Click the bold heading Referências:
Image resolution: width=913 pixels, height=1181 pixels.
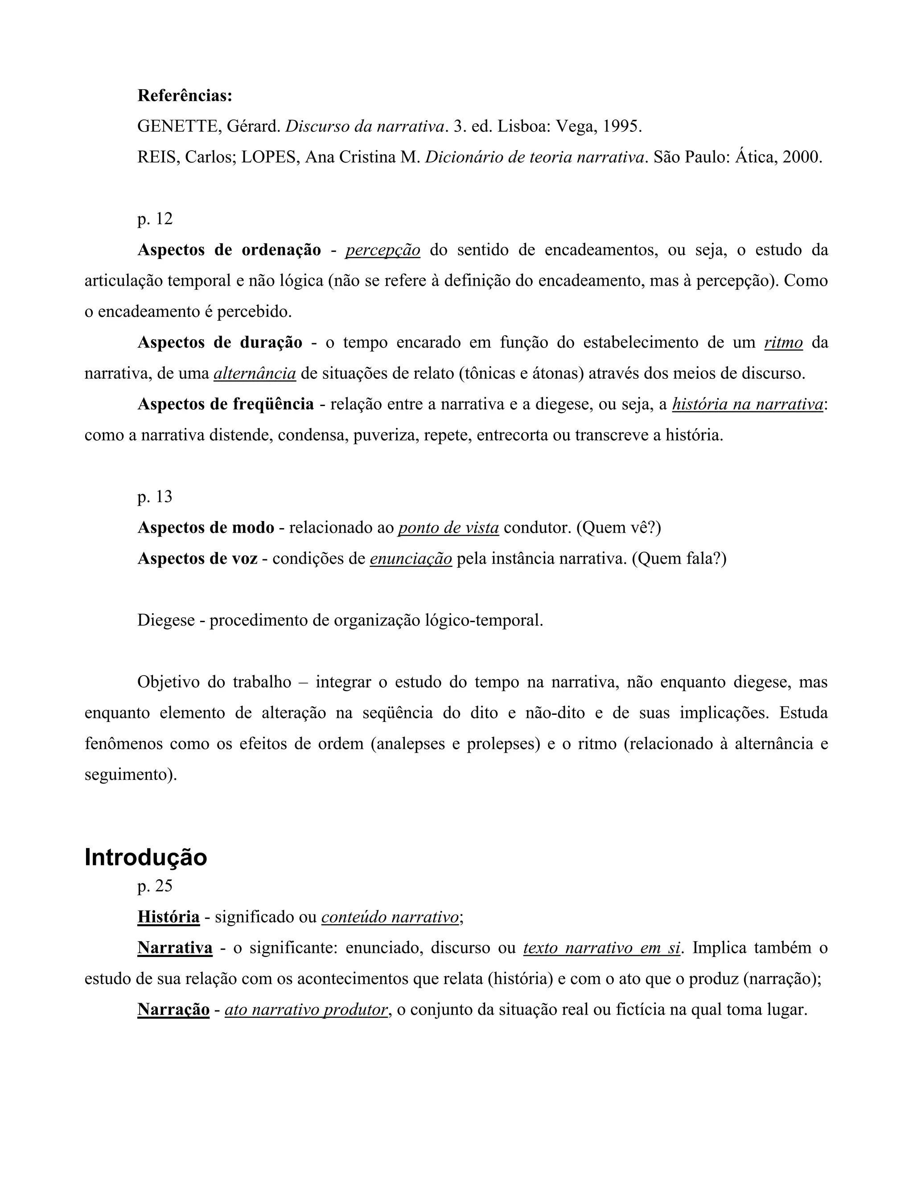(185, 96)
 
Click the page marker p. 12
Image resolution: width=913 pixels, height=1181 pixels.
(155, 219)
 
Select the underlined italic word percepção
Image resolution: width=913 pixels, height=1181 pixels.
(382, 250)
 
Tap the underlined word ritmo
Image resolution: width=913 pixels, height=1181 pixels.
(783, 343)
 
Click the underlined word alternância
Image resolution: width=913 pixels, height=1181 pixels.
(255, 373)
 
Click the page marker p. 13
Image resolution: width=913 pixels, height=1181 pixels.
(155, 497)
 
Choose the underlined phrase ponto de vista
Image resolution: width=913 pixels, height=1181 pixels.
(448, 528)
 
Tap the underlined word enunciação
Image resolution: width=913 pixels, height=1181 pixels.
(411, 558)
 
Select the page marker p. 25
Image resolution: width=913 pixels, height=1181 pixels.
(155, 886)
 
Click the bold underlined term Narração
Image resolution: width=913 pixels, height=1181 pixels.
(173, 1009)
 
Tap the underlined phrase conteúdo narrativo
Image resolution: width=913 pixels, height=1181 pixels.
(390, 917)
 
